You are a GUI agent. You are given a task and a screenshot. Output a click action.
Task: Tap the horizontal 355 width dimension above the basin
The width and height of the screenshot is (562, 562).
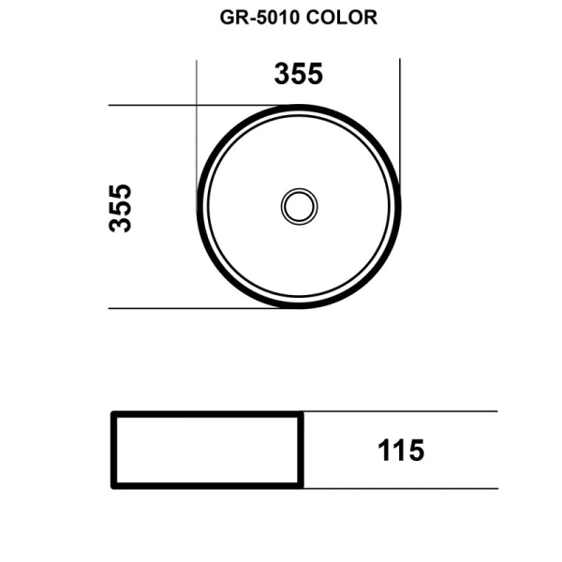(298, 74)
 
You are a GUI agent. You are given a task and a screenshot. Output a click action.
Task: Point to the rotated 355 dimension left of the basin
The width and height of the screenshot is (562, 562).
(121, 207)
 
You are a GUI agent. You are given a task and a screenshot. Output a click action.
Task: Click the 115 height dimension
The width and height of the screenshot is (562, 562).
(401, 451)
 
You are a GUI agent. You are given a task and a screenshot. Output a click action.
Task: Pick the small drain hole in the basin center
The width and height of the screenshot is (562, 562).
(299, 206)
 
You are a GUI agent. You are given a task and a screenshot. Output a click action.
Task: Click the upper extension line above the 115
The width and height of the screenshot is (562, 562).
(403, 412)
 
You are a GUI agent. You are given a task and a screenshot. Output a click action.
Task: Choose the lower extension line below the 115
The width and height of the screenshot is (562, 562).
(403, 488)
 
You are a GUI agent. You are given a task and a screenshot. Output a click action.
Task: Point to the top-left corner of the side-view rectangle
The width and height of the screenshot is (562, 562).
(113, 413)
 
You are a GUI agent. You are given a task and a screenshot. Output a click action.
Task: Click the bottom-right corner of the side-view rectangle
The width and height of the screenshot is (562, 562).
(301, 486)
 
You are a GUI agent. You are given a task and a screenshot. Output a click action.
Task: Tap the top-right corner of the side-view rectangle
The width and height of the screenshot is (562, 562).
(301, 413)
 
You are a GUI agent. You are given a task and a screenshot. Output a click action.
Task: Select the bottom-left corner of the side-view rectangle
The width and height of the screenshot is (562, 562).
(113, 486)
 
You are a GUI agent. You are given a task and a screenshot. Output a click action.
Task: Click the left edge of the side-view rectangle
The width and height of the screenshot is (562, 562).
(113, 450)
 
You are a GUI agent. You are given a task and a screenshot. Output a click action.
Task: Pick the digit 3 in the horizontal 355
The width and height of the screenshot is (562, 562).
(282, 74)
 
